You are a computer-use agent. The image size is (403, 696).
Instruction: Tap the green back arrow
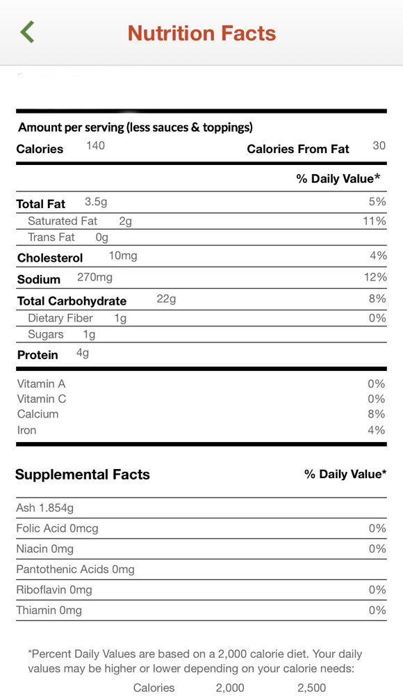26,32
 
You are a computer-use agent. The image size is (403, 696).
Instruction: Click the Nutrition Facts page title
201,33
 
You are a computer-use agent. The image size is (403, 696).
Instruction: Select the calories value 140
95,145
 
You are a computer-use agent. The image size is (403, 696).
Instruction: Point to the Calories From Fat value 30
379,145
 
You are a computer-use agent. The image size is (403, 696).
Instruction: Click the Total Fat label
41,204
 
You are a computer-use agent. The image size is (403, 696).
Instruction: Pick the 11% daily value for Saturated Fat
375,221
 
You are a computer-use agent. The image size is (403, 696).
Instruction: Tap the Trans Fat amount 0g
102,237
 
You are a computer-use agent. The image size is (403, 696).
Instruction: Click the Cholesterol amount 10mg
123,256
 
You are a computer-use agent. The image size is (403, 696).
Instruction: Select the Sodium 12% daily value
375,278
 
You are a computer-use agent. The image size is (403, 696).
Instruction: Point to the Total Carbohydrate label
72,301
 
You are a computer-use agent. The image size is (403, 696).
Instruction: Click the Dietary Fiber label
60,318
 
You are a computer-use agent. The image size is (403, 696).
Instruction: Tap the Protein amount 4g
83,354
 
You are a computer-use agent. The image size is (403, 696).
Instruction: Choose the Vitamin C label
41,399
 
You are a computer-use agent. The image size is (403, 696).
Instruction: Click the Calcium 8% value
377,414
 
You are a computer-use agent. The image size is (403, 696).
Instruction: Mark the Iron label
26,430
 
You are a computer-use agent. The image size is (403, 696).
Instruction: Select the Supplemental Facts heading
83,475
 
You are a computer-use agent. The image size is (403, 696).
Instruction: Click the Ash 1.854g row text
44,508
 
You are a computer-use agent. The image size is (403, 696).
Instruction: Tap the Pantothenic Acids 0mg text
75,569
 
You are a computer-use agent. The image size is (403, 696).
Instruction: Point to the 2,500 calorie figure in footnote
312,688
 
